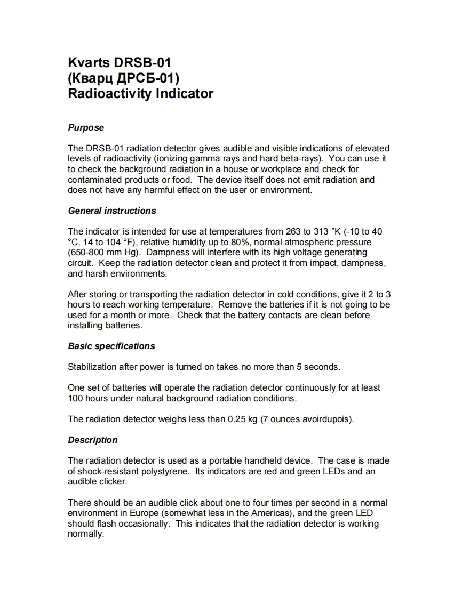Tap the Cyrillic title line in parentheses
pyautogui.click(x=124, y=78)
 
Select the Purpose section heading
pyautogui.click(x=86, y=128)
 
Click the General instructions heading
pyautogui.click(x=112, y=211)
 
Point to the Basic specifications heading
pyautogui.click(x=111, y=346)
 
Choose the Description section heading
pyautogui.click(x=93, y=440)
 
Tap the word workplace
pyautogui.click(x=281, y=169)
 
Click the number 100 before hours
pyautogui.click(x=76, y=399)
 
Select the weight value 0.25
pyautogui.click(x=236, y=419)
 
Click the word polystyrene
pyautogui.click(x=165, y=472)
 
